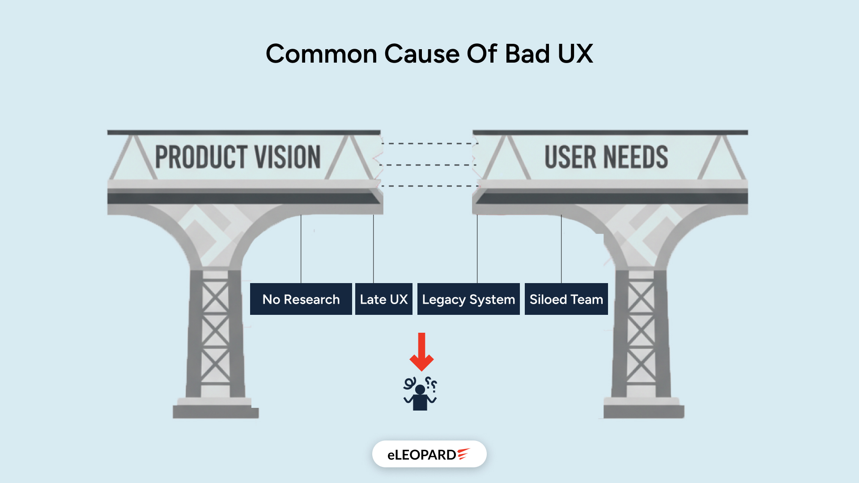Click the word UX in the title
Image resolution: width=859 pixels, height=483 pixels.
pos(575,54)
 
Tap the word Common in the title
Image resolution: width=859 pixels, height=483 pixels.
pos(321,54)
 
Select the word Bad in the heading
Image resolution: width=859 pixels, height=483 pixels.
pos(527,54)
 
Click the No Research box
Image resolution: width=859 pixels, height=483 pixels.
pos(301,299)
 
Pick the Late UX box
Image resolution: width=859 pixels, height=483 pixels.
pos(383,299)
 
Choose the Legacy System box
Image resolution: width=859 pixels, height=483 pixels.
pos(468,299)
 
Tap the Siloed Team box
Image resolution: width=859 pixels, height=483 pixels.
pos(566,299)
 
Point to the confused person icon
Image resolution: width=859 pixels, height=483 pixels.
pos(420,394)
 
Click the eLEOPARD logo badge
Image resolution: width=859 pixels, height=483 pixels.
pos(429,454)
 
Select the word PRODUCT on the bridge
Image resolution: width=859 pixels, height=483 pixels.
pos(201,157)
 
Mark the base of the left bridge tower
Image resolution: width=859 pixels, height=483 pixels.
pos(216,409)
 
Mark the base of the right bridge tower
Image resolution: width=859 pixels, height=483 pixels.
pos(643,409)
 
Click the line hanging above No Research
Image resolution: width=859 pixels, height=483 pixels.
pos(301,248)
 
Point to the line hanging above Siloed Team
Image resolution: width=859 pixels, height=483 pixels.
pos(561,248)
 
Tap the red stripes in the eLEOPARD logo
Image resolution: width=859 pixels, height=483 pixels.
pos(464,454)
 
